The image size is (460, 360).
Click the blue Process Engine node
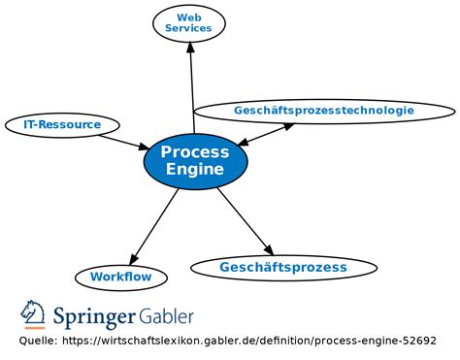pyautogui.click(x=195, y=161)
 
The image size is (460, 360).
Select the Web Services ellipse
pyautogui.click(x=188, y=23)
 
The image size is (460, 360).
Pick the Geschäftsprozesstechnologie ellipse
pyautogui.click(x=323, y=111)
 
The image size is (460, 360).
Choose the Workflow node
pyautogui.click(x=120, y=277)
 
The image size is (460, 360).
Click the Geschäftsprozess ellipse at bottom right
pyautogui.click(x=282, y=267)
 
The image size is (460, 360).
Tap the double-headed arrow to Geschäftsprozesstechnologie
pyautogui.click(x=265, y=134)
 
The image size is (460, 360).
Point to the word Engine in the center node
pyautogui.click(x=195, y=170)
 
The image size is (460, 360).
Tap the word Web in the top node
pyautogui.click(x=188, y=16)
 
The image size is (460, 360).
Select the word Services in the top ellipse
pyautogui.click(x=188, y=29)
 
